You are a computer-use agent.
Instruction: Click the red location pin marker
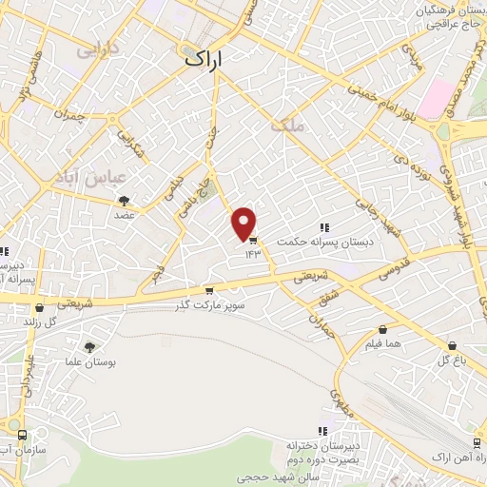pyautogui.click(x=244, y=224)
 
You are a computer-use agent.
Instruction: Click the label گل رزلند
pyautogui.click(x=38, y=322)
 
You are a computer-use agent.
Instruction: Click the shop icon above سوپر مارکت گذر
pyautogui.click(x=209, y=291)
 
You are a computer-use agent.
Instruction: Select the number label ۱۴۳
pyautogui.click(x=253, y=254)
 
